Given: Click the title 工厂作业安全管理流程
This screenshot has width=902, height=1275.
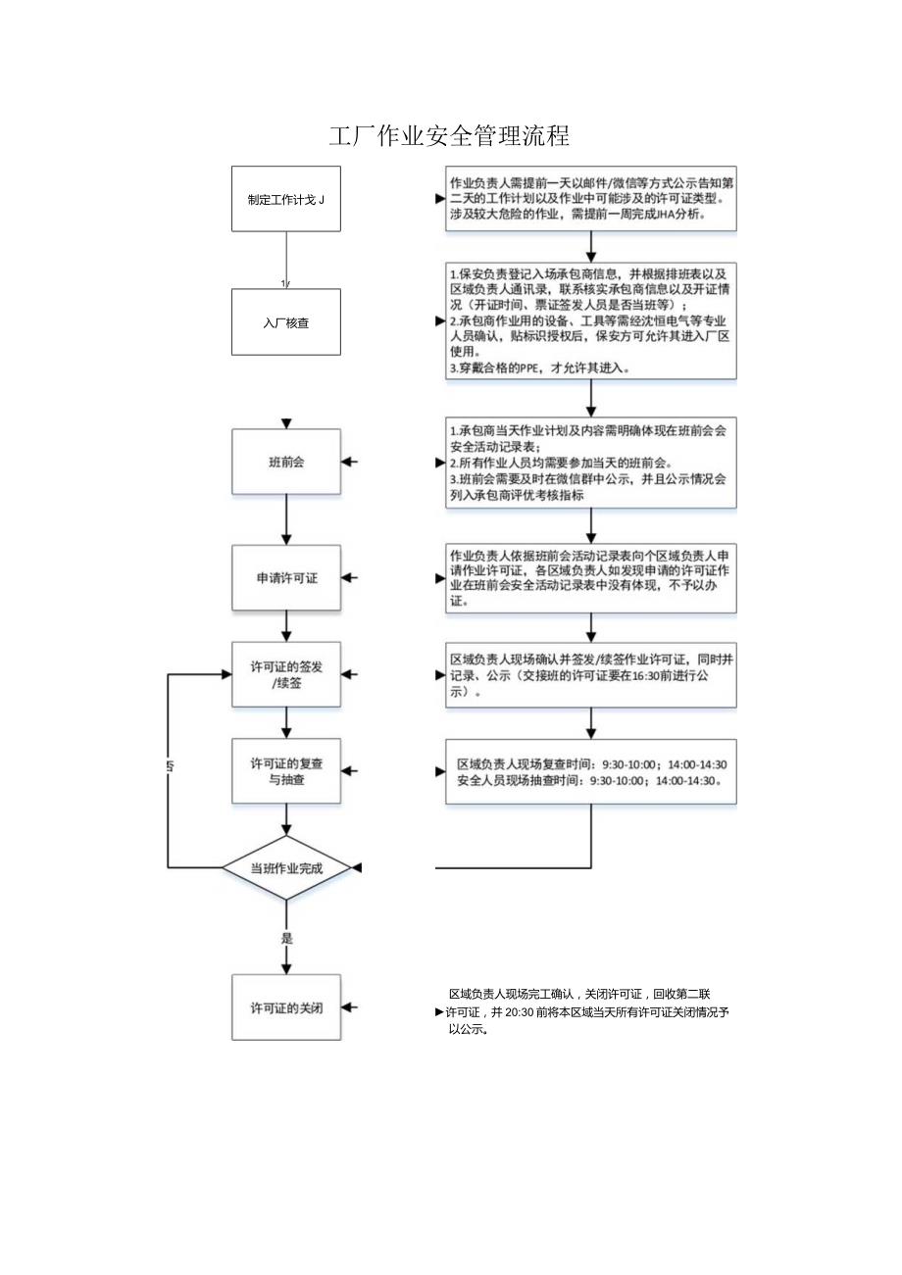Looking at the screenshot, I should pyautogui.click(x=450, y=136).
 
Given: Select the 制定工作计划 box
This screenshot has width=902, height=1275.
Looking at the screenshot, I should pyautogui.click(x=286, y=199).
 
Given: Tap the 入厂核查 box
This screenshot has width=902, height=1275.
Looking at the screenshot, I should pyautogui.click(x=286, y=321).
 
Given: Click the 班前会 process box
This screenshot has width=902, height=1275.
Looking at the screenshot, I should pyautogui.click(x=286, y=462).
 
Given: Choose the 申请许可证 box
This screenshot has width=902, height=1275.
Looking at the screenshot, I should pyautogui.click(x=286, y=578).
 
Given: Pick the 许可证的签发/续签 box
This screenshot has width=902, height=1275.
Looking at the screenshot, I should pyautogui.click(x=286, y=674).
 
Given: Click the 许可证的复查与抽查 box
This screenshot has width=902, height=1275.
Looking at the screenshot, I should pyautogui.click(x=286, y=770).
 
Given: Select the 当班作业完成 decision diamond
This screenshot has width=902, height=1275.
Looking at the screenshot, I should pyautogui.click(x=286, y=868).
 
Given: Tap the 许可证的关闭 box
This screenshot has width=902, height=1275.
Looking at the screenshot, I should pyautogui.click(x=286, y=1007).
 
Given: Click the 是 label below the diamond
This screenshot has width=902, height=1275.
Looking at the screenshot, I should pyautogui.click(x=287, y=938).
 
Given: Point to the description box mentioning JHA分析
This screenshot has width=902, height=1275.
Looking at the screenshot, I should pyautogui.click(x=590, y=199).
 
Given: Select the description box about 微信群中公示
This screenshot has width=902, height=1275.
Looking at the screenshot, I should pyautogui.click(x=590, y=462).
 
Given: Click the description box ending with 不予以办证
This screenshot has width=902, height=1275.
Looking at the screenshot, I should pyautogui.click(x=590, y=578).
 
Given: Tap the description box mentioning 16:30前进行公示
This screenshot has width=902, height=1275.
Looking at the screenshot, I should pyautogui.click(x=590, y=674).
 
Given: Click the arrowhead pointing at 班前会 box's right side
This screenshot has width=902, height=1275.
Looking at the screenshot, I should pyautogui.click(x=350, y=462).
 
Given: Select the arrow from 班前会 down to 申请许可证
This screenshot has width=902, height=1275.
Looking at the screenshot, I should pyautogui.click(x=286, y=519).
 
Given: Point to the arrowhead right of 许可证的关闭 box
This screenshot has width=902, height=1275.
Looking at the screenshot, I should pyautogui.click(x=350, y=1007).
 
